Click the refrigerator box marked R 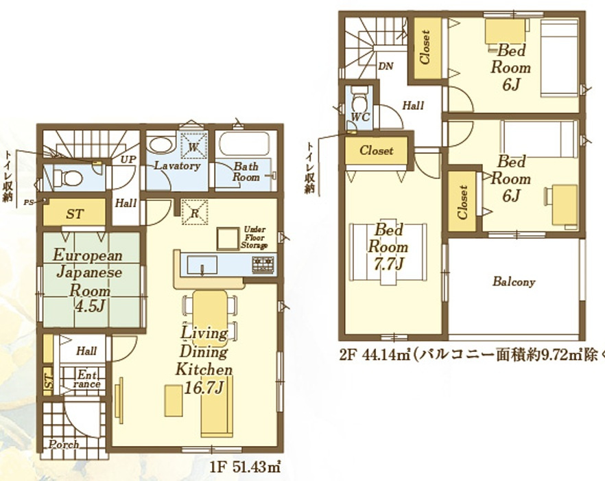pos(194,213)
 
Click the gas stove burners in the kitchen pos(263,263)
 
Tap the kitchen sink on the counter pos(202,264)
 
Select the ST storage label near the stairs pos(75,214)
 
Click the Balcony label pos(514,282)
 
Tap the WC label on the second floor pos(361,117)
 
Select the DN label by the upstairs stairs pos(386,66)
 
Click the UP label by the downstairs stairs pos(128,159)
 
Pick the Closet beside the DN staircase pos(425,48)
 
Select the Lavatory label pos(176,166)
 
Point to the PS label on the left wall pos(28,202)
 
